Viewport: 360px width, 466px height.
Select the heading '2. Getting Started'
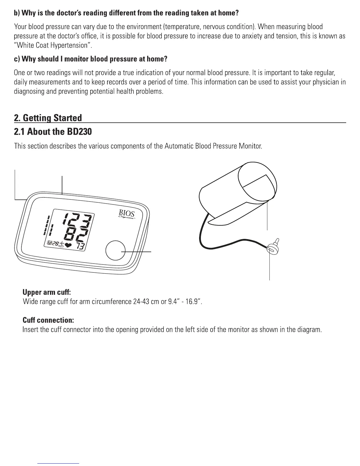pyautogui.click(x=48, y=118)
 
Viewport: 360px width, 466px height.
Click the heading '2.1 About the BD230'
pyautogui.click(x=53, y=132)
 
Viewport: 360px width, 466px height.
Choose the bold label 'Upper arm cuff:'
pyautogui.click(x=47, y=292)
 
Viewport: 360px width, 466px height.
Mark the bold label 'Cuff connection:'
pyautogui.click(x=48, y=320)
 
